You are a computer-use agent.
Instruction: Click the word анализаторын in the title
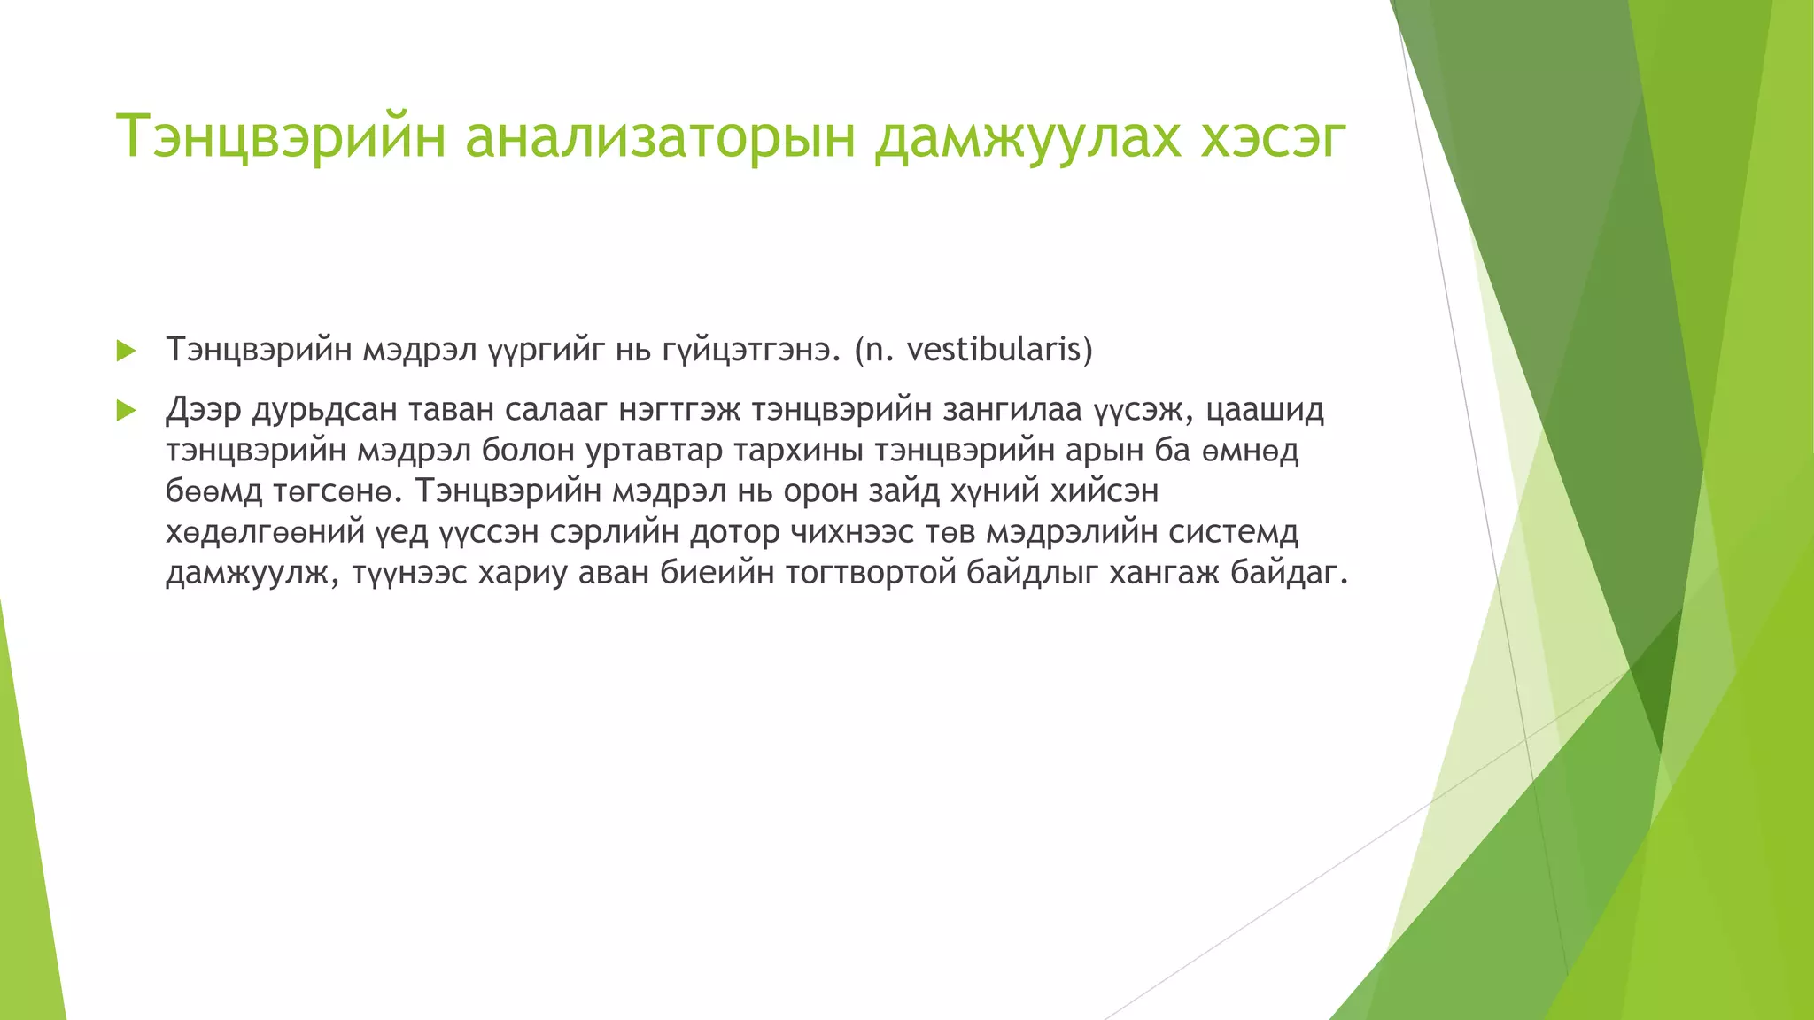(x=660, y=137)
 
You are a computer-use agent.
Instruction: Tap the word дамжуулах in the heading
(x=1027, y=137)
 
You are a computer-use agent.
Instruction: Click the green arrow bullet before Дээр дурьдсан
(x=126, y=411)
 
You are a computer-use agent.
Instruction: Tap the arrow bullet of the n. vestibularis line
(x=126, y=351)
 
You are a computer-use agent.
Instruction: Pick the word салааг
(x=554, y=410)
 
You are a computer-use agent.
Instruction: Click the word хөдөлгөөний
(x=265, y=532)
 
